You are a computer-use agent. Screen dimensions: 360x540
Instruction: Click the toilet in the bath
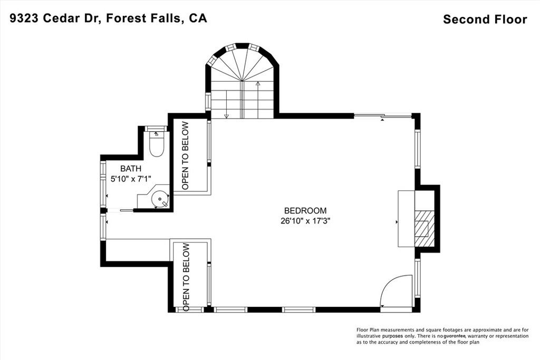click(157, 144)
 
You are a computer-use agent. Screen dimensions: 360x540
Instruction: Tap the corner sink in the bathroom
click(159, 199)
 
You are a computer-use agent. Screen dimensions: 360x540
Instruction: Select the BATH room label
click(131, 169)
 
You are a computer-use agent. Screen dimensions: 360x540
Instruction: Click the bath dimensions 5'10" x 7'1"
click(131, 179)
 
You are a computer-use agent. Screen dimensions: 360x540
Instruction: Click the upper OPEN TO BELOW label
click(185, 156)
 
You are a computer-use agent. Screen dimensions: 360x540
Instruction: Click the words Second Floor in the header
click(485, 20)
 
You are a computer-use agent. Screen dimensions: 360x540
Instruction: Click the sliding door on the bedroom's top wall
click(382, 116)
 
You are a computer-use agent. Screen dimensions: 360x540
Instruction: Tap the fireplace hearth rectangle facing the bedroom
click(406, 219)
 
